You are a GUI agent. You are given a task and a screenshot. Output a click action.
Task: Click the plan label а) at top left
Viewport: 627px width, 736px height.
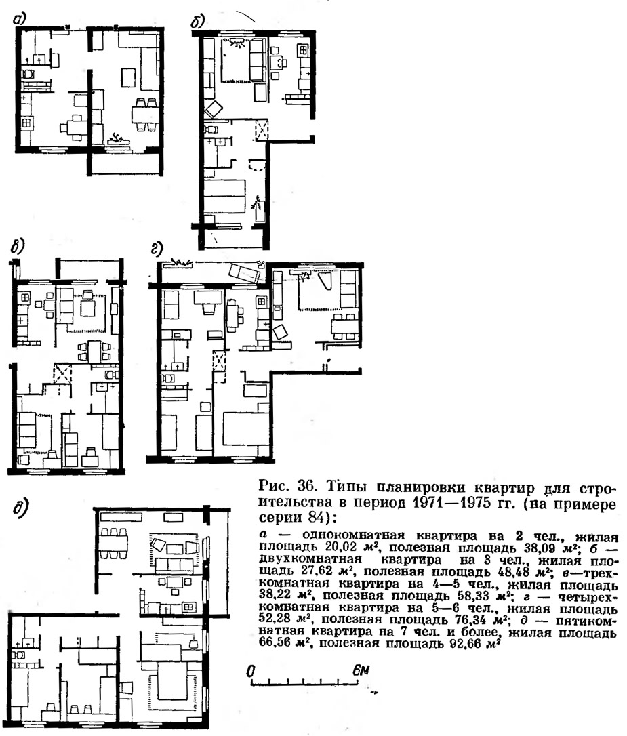click(x=20, y=19)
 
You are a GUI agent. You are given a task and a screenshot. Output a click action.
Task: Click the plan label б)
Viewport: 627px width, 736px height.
click(x=198, y=22)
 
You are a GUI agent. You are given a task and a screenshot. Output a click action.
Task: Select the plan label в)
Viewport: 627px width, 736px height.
click(x=18, y=246)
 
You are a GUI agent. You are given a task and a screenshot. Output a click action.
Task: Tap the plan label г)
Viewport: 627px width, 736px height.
click(x=157, y=249)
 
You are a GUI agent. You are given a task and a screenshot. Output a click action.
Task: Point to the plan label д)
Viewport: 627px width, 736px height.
click(x=20, y=508)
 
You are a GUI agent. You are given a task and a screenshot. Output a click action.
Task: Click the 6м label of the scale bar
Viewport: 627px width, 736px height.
click(x=361, y=670)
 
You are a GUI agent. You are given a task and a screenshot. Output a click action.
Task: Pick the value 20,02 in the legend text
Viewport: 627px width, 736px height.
click(x=344, y=548)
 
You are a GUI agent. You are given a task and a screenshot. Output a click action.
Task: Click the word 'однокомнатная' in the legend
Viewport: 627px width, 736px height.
click(x=353, y=535)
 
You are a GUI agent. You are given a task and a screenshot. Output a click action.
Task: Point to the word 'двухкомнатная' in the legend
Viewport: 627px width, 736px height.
click(x=310, y=560)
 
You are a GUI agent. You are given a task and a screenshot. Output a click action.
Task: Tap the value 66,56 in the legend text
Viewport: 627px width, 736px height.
click(x=277, y=644)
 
